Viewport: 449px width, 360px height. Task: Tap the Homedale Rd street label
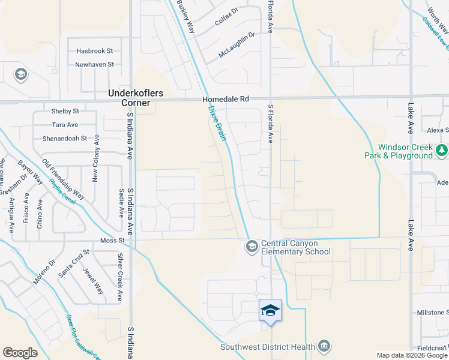[x=225, y=98]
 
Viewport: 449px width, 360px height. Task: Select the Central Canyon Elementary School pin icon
[x=251, y=246]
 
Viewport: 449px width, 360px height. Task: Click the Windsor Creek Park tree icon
[x=442, y=149]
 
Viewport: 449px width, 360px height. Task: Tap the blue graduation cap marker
[x=270, y=310]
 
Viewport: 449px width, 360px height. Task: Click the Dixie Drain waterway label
[x=217, y=124]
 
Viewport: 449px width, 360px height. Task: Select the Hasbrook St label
[x=94, y=52]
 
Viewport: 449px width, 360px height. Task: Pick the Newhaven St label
[x=94, y=64]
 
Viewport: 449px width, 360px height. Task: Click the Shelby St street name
[x=65, y=112]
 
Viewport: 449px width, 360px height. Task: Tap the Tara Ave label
[x=65, y=125]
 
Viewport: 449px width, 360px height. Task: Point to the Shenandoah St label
[x=65, y=138]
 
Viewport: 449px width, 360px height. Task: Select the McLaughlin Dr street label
[x=237, y=45]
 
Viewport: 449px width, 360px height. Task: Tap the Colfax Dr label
[x=226, y=19]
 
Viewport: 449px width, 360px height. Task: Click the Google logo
[x=20, y=353]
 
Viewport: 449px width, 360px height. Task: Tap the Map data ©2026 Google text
[x=412, y=355]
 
